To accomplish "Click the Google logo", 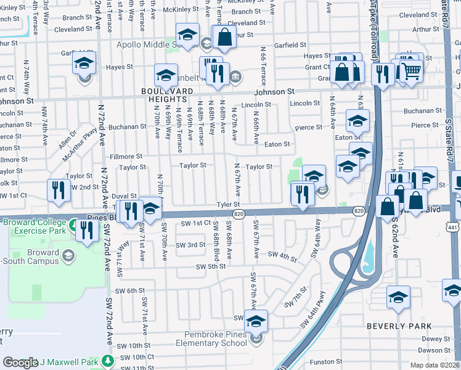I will tap(20, 363).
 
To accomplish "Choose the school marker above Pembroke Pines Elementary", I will tap(256, 321).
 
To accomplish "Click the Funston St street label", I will tap(326, 361).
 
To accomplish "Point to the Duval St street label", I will tap(124, 195).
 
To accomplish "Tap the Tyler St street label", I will tap(227, 204).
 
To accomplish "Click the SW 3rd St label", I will tap(190, 245).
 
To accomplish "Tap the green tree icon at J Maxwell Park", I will tap(109, 360).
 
